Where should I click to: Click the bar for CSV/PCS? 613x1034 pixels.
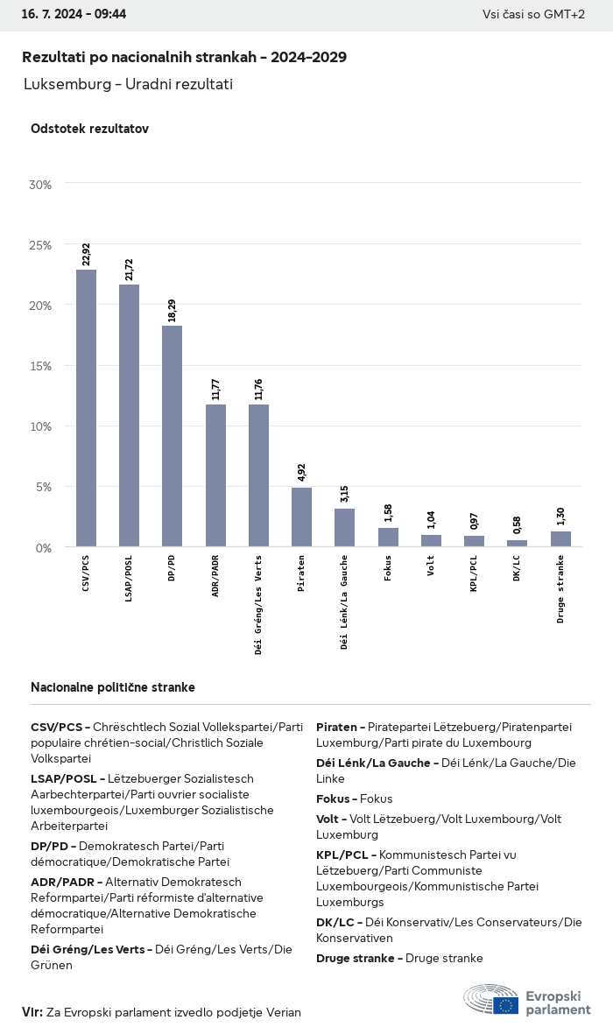(86, 408)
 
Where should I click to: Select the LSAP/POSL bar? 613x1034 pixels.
(129, 415)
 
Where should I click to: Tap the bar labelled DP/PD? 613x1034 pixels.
(172, 436)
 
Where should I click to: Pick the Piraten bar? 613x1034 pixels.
(301, 517)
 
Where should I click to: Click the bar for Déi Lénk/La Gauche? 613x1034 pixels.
(344, 527)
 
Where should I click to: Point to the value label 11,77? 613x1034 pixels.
(215, 388)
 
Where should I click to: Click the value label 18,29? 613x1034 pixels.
(173, 309)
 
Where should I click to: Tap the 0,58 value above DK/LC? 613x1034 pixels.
(517, 525)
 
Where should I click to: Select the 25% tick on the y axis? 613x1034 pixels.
(40, 245)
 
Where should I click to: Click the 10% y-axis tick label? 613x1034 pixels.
(40, 426)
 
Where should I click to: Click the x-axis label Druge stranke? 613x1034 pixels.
(560, 589)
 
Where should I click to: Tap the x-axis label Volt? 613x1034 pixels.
(431, 566)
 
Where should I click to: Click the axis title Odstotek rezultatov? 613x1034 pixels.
(89, 129)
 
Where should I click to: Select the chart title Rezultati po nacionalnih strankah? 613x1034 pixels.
(184, 57)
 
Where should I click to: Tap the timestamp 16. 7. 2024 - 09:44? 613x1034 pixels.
(74, 15)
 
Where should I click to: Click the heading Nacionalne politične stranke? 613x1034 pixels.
(113, 687)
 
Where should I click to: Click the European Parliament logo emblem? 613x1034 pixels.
(491, 999)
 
